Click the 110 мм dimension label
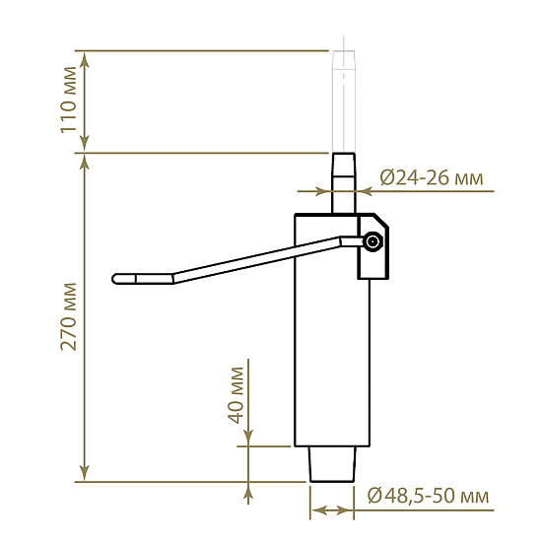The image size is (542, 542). pos(68,100)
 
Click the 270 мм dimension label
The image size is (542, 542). pos(68,316)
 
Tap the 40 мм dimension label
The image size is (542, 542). pos(237,395)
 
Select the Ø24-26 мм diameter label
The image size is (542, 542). pos(432,178)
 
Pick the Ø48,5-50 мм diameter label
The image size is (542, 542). pos(429,496)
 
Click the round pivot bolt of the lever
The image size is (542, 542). pos(373,241)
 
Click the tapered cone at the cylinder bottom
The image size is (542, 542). pos(332,464)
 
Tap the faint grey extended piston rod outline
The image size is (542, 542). pos(344,102)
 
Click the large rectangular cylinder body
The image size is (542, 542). pos(332,330)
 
